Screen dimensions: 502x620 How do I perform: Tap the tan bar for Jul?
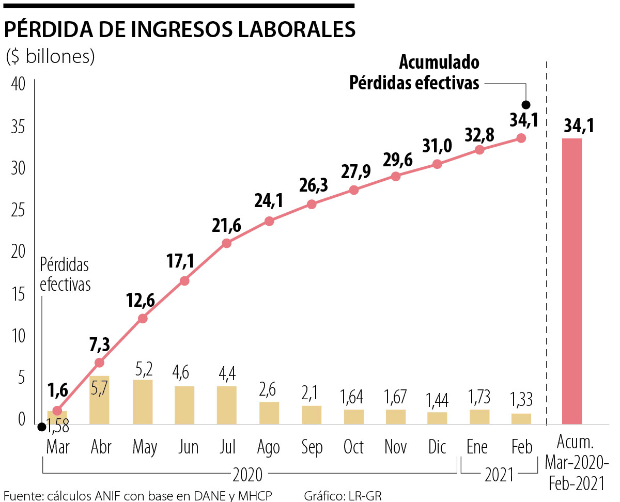[226, 405]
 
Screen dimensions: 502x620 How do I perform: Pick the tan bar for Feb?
[521, 419]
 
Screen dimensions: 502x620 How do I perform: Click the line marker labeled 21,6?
[226, 243]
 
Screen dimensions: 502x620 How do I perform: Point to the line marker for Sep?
[312, 204]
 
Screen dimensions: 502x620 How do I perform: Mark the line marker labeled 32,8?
[479, 150]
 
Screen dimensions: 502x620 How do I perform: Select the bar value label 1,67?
[395, 397]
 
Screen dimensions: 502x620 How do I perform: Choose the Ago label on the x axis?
[269, 447]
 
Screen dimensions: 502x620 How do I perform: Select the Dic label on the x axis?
[437, 447]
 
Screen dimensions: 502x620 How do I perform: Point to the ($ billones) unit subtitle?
[50, 57]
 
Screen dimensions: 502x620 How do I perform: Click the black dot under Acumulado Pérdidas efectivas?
[526, 105]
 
